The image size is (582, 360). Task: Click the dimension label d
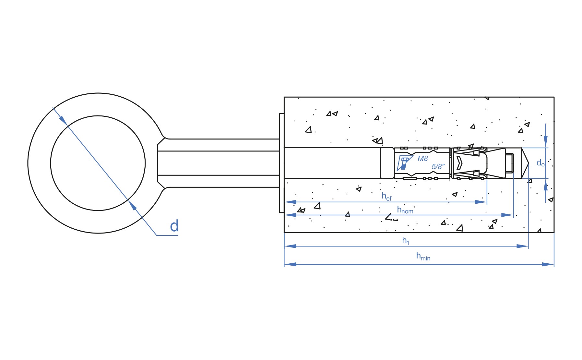[174, 226]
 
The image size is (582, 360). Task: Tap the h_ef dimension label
[386, 196]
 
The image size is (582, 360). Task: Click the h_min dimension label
[423, 256]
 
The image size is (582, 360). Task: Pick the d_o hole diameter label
[540, 163]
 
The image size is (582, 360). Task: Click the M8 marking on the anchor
[422, 159]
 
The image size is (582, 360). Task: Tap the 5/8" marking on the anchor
[438, 166]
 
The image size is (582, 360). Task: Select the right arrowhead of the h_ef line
[481, 202]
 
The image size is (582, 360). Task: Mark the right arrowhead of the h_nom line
[507, 215]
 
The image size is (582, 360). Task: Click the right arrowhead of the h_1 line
[523, 246]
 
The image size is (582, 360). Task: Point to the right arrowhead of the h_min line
[548, 264]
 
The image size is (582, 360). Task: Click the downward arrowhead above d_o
[546, 142]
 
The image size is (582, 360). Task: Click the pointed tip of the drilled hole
[529, 163]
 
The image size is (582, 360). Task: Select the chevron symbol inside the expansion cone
[459, 163]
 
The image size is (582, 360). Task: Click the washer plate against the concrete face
[282, 163]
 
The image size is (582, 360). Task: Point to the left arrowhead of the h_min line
[290, 264]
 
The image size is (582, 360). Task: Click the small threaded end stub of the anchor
[510, 163]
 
